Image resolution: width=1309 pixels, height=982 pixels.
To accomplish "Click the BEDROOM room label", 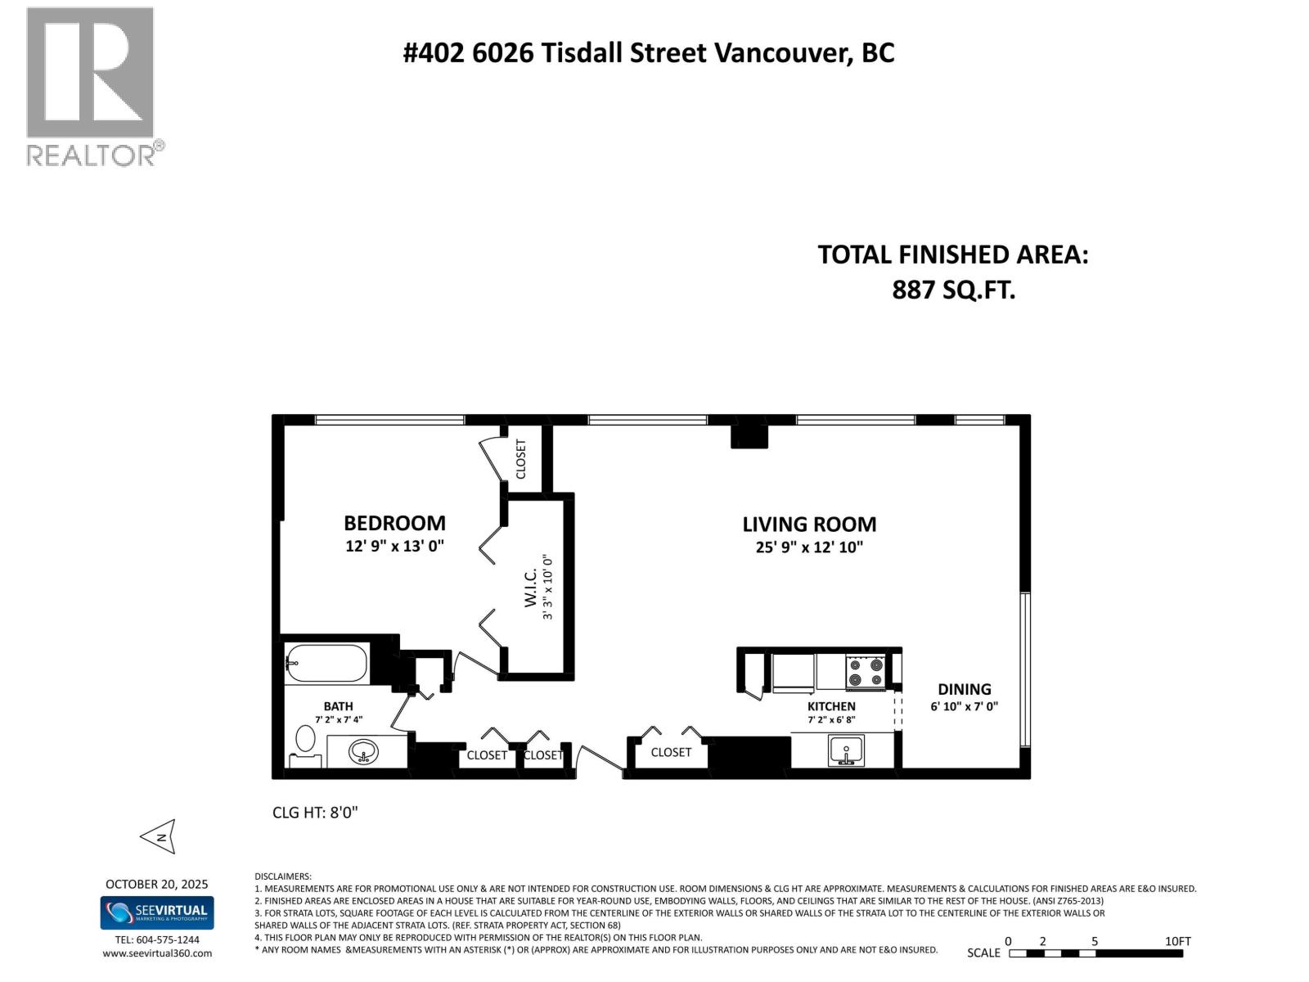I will click(394, 523).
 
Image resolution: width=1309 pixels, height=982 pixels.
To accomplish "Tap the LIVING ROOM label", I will click(809, 525).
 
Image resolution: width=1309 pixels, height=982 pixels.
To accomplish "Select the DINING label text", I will click(964, 689).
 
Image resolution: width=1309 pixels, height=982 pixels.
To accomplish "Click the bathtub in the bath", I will click(326, 664).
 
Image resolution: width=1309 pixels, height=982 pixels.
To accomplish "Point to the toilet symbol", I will click(304, 741).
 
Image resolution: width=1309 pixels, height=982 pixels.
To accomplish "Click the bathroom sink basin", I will click(363, 750).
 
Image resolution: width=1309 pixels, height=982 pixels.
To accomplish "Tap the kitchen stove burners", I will click(865, 671).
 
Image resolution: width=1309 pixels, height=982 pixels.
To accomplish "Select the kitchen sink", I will click(846, 750).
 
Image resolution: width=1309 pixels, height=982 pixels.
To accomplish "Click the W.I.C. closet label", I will click(530, 588).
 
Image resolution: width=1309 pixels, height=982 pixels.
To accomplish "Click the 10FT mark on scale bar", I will click(1178, 941).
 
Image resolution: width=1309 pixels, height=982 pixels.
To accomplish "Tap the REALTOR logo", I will click(92, 86).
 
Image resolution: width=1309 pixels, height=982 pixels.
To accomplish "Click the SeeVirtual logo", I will click(157, 912).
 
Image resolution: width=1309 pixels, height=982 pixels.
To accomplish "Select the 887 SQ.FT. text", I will click(953, 290).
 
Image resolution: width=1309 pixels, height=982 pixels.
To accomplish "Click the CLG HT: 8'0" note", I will click(315, 813).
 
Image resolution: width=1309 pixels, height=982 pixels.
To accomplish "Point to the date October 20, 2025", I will click(156, 884).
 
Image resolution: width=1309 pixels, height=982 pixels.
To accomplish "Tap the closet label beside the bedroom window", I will click(521, 459).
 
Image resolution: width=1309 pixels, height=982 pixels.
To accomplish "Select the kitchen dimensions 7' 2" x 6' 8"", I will click(831, 720).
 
